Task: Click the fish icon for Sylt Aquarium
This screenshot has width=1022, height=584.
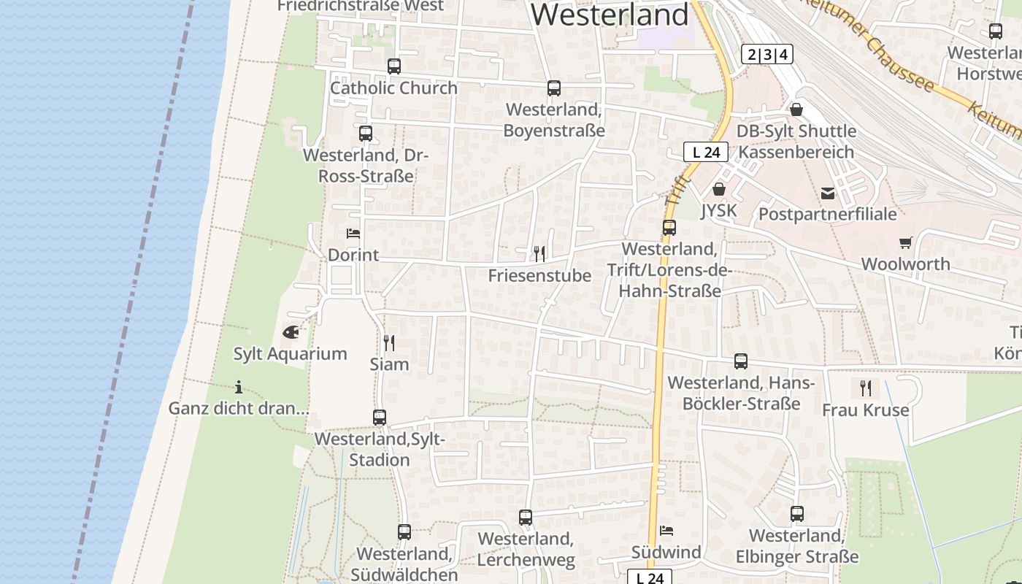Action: (x=291, y=332)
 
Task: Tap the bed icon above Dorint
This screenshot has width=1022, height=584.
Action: (x=353, y=234)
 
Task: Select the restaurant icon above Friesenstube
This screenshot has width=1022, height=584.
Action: (x=539, y=253)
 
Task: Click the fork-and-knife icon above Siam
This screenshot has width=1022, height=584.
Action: (x=389, y=342)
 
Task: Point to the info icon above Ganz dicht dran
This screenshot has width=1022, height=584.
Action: (x=239, y=387)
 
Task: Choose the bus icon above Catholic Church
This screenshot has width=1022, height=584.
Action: (x=394, y=66)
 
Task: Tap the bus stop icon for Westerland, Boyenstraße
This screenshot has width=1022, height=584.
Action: (x=554, y=88)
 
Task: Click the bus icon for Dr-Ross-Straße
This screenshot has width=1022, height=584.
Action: (x=366, y=134)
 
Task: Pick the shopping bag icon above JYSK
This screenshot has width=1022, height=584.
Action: (x=719, y=189)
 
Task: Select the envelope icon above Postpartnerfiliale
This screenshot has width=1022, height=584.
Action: (x=828, y=193)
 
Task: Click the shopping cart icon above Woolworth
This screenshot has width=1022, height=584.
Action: (x=906, y=242)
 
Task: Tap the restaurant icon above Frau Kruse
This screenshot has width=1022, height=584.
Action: (x=866, y=388)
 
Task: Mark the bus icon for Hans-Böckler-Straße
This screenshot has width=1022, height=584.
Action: (x=741, y=361)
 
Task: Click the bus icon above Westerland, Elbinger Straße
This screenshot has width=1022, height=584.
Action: (x=797, y=514)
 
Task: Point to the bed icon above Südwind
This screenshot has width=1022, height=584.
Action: (x=666, y=531)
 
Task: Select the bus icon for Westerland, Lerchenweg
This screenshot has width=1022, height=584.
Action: (x=526, y=518)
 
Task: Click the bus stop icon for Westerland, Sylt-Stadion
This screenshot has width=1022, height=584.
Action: (x=380, y=418)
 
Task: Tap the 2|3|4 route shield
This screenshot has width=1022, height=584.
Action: (x=767, y=54)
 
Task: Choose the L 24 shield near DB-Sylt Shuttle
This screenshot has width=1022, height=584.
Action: (x=706, y=152)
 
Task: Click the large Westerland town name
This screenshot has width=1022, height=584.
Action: (x=610, y=15)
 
